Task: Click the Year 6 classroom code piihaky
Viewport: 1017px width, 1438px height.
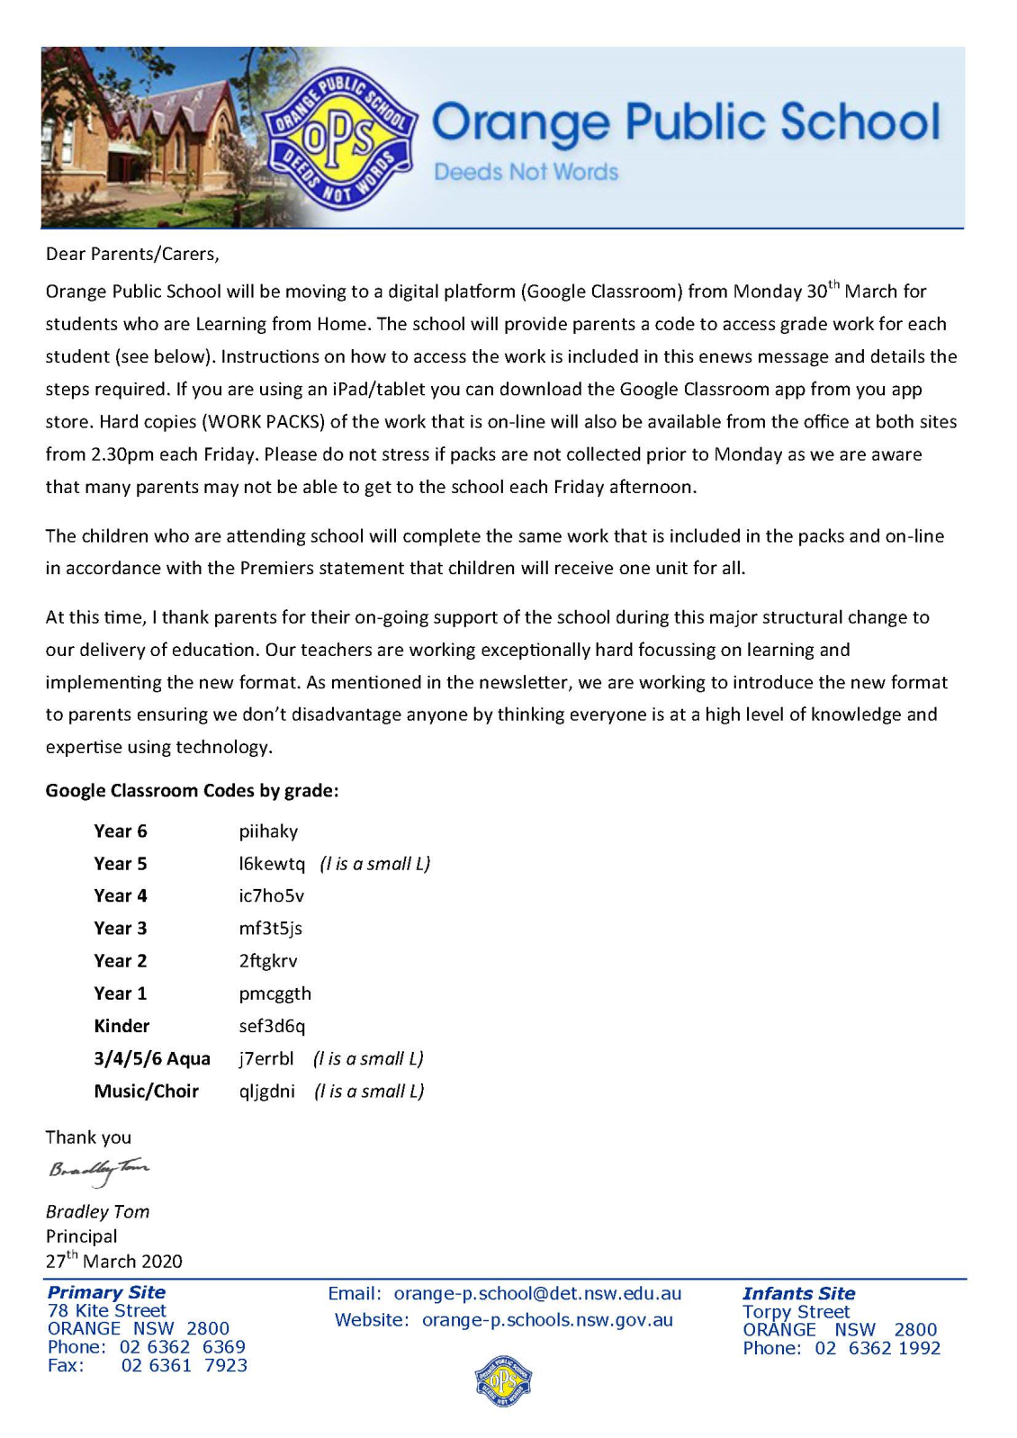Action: click(x=268, y=831)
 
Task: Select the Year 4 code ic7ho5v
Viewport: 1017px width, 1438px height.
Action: click(x=272, y=896)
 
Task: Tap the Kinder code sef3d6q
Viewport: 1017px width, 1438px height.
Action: click(x=272, y=1026)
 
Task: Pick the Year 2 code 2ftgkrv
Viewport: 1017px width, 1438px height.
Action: click(x=268, y=961)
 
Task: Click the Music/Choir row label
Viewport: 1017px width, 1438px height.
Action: click(x=146, y=1092)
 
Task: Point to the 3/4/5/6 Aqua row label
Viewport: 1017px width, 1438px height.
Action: click(x=152, y=1059)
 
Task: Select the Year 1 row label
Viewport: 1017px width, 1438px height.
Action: click(x=120, y=993)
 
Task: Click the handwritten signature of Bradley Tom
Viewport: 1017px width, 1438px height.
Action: click(x=98, y=1171)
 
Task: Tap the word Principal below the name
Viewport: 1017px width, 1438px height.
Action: click(x=81, y=1236)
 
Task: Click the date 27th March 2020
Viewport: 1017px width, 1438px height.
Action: click(x=113, y=1261)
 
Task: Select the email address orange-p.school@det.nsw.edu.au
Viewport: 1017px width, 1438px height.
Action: click(x=537, y=1294)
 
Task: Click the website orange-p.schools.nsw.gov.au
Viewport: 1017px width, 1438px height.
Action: click(x=547, y=1321)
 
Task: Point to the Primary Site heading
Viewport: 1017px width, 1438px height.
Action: click(x=106, y=1293)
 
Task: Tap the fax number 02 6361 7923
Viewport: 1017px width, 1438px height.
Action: click(x=184, y=1366)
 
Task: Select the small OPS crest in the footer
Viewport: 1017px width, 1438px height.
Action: click(x=503, y=1380)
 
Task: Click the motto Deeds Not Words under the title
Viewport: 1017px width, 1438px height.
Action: click(x=526, y=172)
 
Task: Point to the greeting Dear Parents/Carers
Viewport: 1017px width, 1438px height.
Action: click(x=132, y=254)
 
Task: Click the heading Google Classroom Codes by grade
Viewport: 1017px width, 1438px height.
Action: click(x=192, y=791)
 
